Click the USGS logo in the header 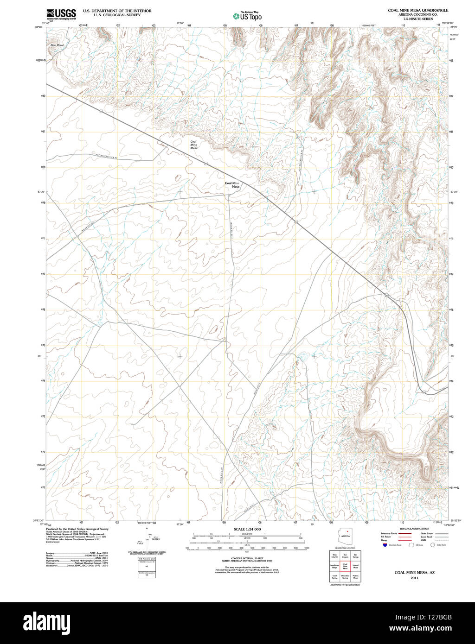pos(61,14)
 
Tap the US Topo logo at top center pos(247,16)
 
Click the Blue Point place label pos(57,45)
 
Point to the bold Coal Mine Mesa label pos(232,185)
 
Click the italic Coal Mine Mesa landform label pos(194,145)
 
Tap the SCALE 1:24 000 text pos(247,529)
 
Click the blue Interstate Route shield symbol pos(384,545)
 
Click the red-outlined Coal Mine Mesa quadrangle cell pos(345,566)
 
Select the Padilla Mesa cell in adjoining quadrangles pos(356,577)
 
